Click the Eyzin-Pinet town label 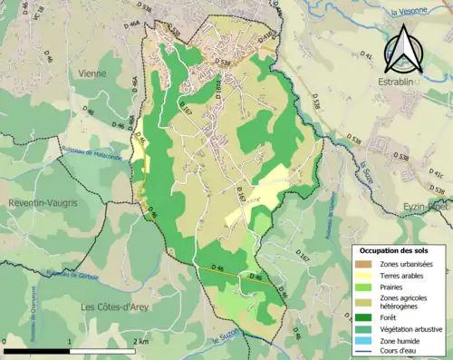tap(427, 208)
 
